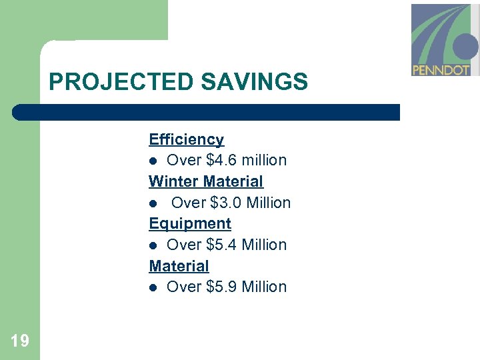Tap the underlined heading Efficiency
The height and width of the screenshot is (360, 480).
[186, 139]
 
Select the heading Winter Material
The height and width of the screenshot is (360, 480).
[206, 181]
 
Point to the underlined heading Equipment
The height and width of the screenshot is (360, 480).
[190, 223]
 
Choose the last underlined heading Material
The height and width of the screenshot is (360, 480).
[179, 265]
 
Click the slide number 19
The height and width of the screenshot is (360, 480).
[20, 341]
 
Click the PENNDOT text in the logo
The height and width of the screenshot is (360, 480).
[441, 69]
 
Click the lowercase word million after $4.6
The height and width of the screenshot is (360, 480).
[264, 160]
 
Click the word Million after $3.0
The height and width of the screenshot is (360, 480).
[269, 203]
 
